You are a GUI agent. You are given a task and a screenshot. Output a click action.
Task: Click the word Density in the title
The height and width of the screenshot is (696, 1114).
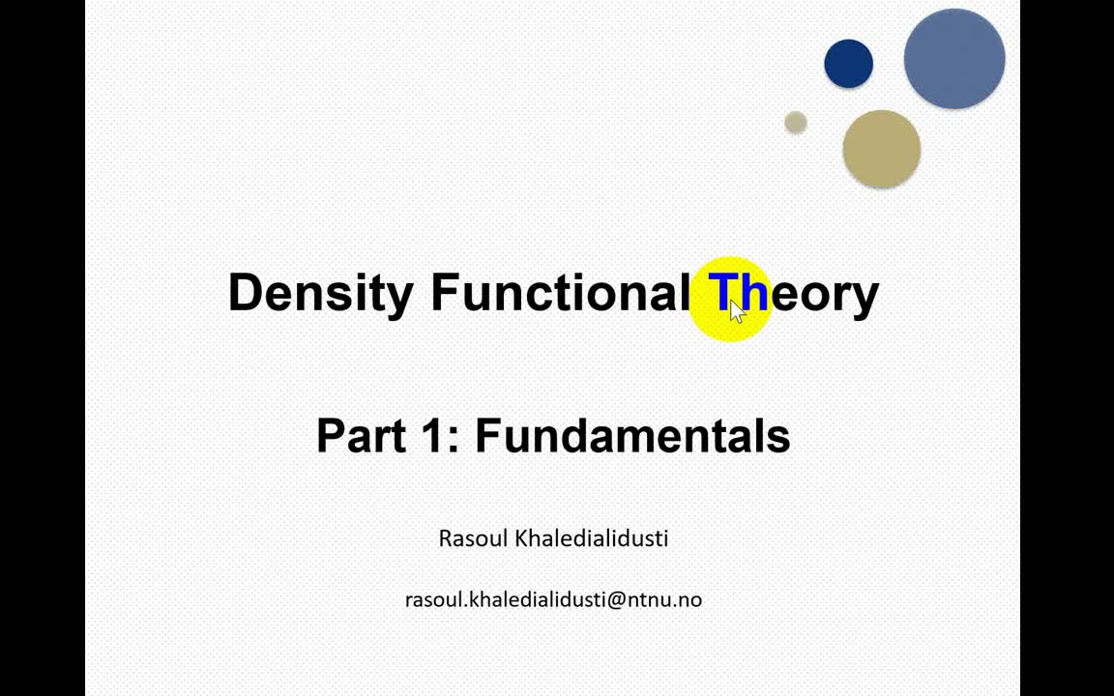(x=320, y=294)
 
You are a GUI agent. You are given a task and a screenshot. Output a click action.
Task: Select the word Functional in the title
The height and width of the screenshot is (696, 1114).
(x=558, y=292)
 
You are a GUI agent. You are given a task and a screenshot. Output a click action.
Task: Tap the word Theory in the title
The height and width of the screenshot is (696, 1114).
(x=794, y=294)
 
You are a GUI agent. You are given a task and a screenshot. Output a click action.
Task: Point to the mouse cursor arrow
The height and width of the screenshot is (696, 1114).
(x=738, y=311)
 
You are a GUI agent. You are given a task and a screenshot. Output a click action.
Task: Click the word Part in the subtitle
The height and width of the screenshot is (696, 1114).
(x=360, y=435)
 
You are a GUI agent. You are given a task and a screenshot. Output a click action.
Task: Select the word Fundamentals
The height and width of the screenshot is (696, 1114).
(x=632, y=435)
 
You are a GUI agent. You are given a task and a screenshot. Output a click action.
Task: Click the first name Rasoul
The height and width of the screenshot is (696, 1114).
(x=473, y=538)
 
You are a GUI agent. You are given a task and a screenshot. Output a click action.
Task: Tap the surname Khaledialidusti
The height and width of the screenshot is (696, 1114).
(x=591, y=538)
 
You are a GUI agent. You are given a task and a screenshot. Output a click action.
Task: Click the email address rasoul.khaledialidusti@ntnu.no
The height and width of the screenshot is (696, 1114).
(x=553, y=599)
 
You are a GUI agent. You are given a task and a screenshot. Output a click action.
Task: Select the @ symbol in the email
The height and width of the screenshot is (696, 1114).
(x=615, y=600)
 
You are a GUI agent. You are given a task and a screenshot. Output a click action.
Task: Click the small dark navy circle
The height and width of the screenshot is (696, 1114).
(x=848, y=64)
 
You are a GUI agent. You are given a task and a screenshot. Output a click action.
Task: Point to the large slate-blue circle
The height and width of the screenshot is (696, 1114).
(x=954, y=59)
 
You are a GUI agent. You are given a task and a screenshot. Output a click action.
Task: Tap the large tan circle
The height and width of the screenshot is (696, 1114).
(x=882, y=149)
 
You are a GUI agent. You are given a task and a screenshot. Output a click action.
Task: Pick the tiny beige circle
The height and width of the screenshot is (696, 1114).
(x=796, y=122)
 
